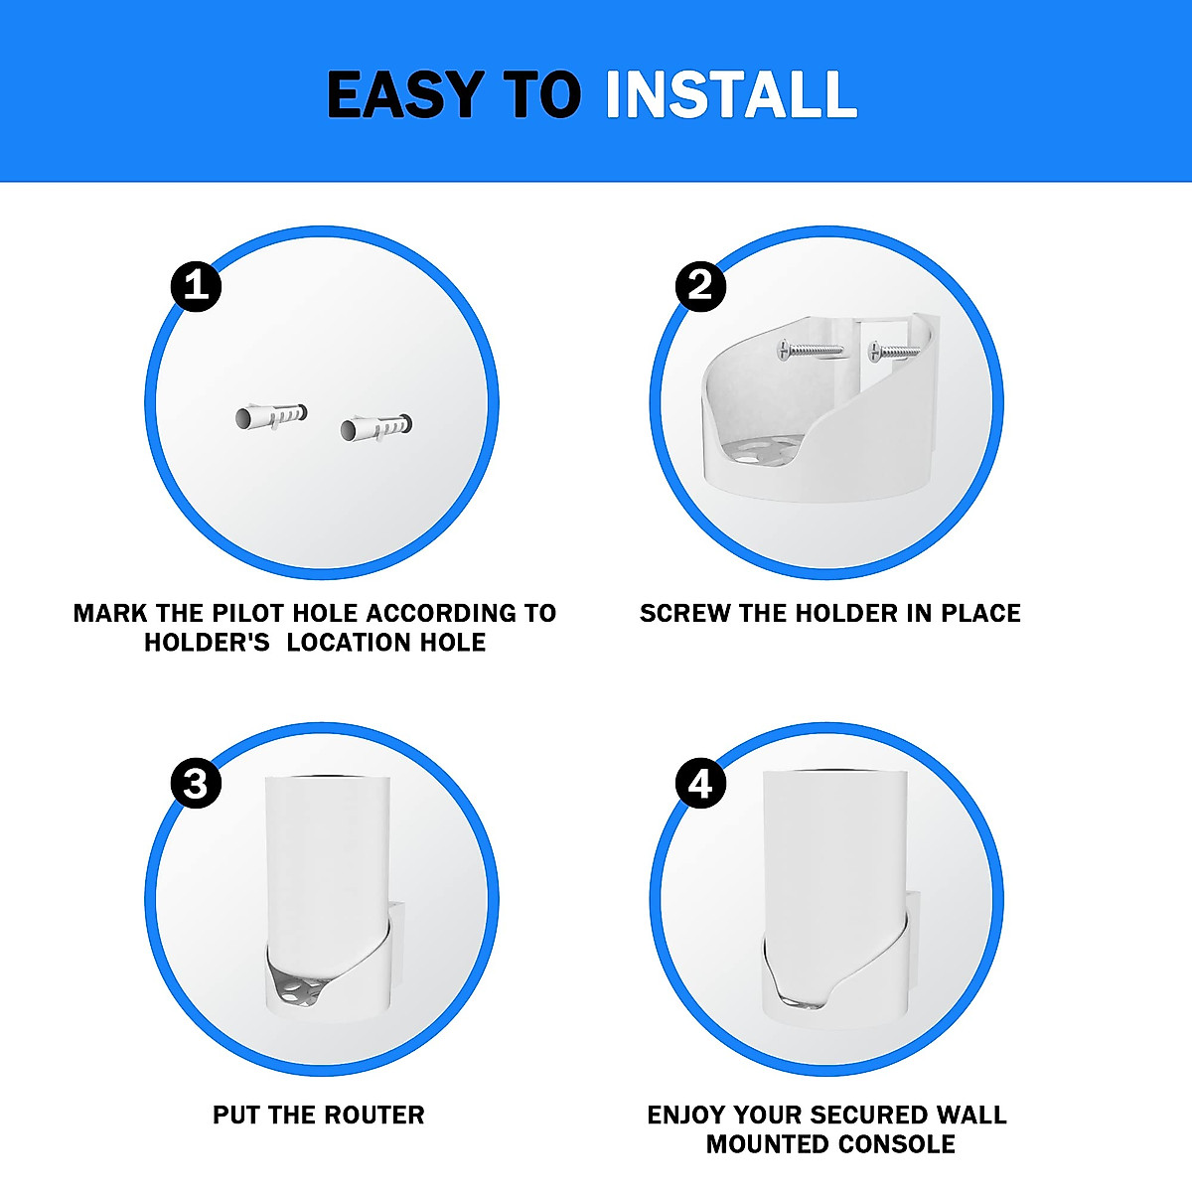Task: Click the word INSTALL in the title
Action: click(730, 95)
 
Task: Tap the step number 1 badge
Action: click(196, 286)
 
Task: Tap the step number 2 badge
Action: click(700, 286)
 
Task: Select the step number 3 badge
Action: click(196, 784)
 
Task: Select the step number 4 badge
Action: click(700, 784)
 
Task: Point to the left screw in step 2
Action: click(810, 349)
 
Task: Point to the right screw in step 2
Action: click(894, 351)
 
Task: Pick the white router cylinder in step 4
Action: click(834, 854)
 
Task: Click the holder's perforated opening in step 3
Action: click(298, 988)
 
